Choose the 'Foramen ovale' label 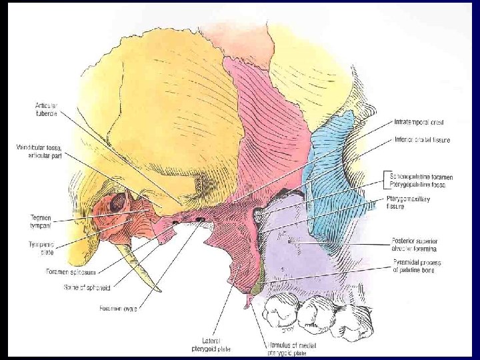point(117,309)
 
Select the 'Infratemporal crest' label point(419,123)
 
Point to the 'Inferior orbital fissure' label point(422,140)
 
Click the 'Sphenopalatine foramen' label point(419,177)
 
